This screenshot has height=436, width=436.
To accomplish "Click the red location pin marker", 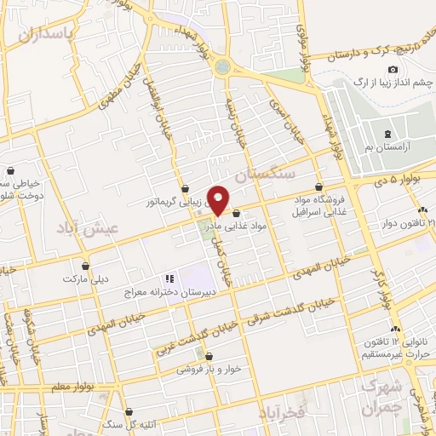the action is click(x=219, y=198).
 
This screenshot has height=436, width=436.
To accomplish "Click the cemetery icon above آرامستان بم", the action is click(x=388, y=134).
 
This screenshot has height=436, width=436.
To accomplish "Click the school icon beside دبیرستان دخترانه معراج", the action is click(x=169, y=278).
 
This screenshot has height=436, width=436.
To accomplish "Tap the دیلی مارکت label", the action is click(x=84, y=278).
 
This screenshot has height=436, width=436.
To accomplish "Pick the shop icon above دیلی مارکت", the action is click(x=85, y=265).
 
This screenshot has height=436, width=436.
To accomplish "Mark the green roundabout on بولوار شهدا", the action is click(x=223, y=66).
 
